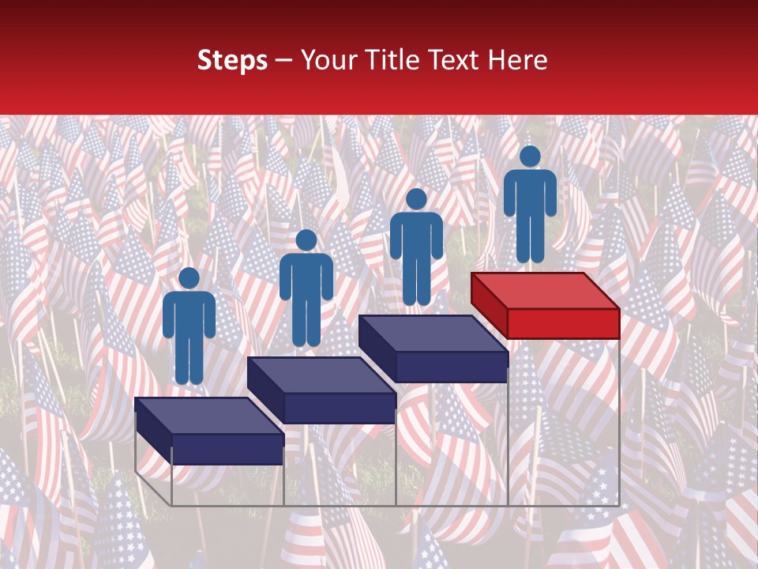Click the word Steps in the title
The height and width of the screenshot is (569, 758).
click(x=232, y=60)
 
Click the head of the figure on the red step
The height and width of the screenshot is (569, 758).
click(x=530, y=156)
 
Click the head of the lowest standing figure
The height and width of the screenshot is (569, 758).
click(x=189, y=278)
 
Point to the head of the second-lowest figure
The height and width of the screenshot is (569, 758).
click(x=306, y=240)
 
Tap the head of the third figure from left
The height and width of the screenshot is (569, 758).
click(x=416, y=199)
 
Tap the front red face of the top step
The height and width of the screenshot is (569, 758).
click(x=563, y=323)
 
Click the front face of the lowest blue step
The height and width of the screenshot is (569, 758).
click(x=227, y=449)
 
